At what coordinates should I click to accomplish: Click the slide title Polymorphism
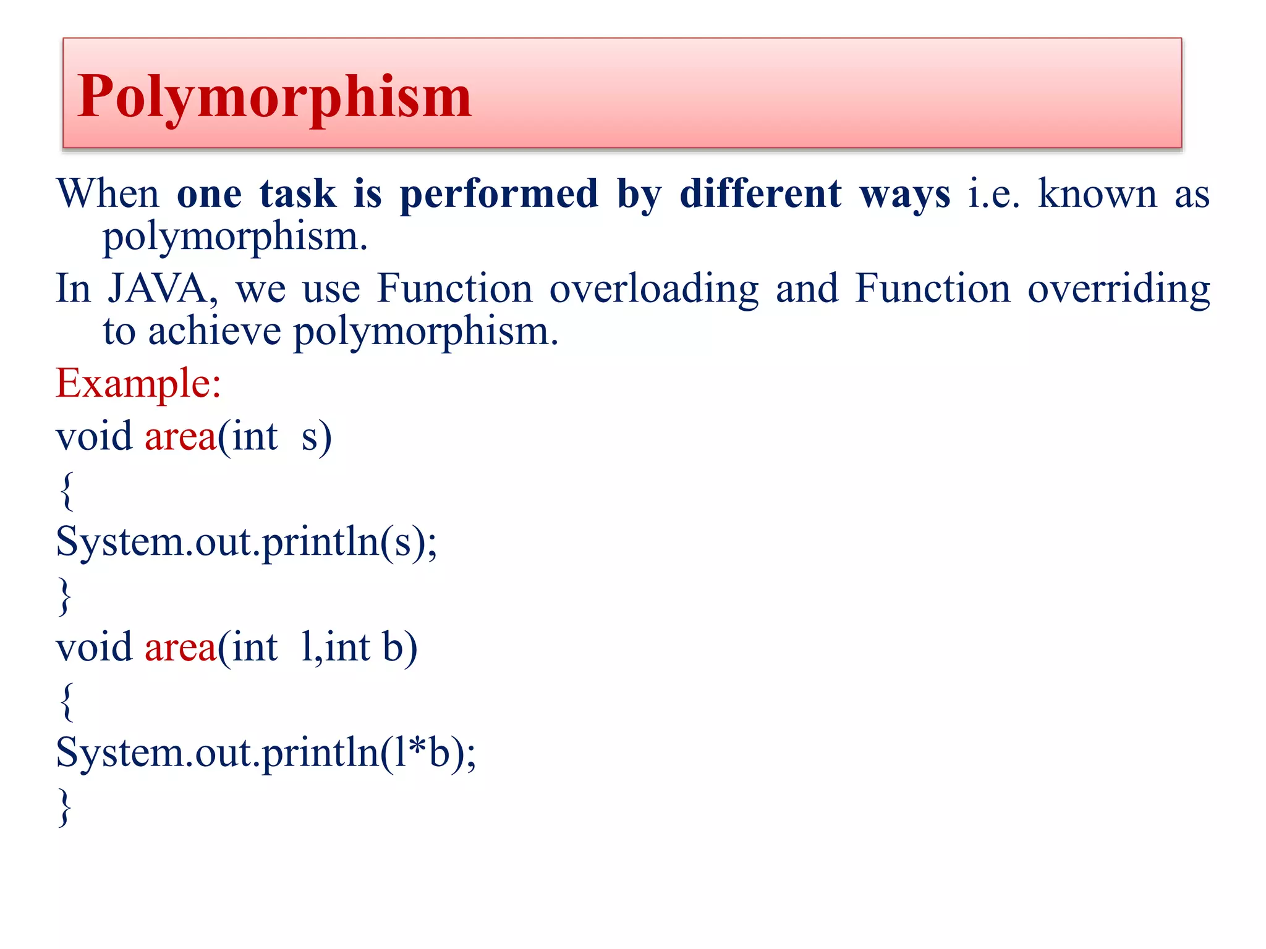(274, 96)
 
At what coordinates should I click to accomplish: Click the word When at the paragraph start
(108, 193)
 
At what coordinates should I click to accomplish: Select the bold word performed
(499, 195)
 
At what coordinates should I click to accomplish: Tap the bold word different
(760, 193)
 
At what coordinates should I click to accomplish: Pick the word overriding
(1118, 289)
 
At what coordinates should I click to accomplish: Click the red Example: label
(138, 383)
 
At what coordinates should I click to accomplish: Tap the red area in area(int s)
(181, 436)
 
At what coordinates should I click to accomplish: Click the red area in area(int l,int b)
(181, 647)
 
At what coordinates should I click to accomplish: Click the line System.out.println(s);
(246, 542)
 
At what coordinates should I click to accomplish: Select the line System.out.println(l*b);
(266, 753)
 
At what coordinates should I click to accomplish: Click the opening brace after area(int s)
(67, 491)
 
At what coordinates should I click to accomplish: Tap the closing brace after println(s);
(64, 596)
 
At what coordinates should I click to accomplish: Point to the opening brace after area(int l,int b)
(67, 701)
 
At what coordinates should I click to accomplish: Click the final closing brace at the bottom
(64, 806)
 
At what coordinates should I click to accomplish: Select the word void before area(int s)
(94, 436)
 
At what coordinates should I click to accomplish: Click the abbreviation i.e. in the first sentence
(993, 193)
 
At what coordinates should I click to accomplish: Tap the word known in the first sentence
(1097, 193)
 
